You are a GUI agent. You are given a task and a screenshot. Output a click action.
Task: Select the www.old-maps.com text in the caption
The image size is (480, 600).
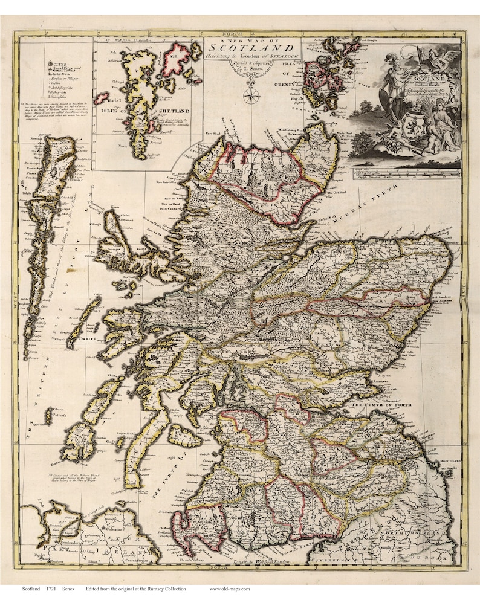click(x=229, y=589)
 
